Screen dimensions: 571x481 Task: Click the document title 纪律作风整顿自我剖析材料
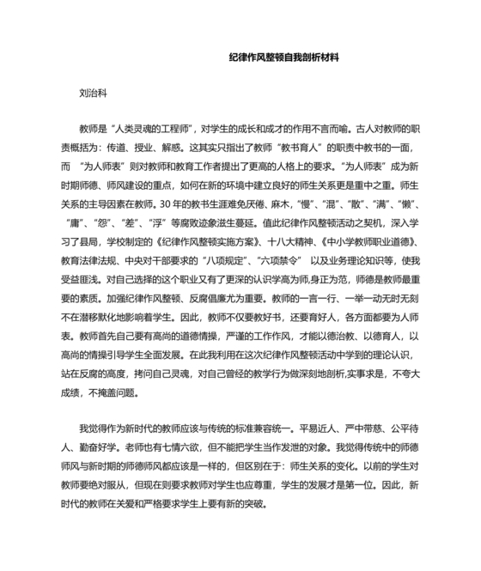click(285, 58)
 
